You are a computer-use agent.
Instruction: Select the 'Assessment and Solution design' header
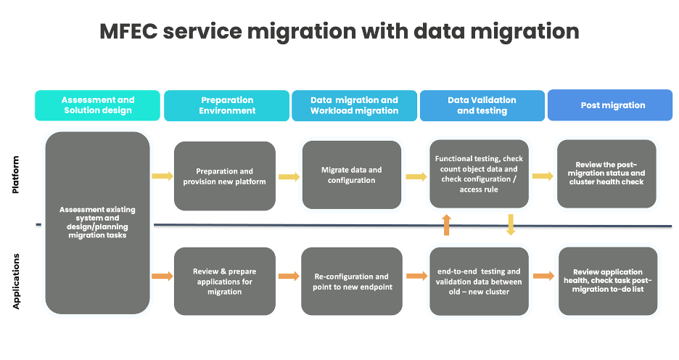98,105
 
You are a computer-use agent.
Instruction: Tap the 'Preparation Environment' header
227,105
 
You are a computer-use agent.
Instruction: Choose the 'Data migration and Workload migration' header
354,105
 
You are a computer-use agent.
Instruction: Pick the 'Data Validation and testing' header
482,105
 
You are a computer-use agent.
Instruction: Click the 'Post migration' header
612,105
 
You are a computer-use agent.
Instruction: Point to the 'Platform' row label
16,174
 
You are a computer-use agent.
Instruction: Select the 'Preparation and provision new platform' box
225,176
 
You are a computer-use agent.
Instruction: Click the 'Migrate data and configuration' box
352,175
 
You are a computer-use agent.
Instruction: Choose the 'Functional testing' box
479,174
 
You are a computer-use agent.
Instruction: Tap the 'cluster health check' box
606,173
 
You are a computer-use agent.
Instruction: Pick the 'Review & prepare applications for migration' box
225,282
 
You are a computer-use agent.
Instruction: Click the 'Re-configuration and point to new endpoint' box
352,282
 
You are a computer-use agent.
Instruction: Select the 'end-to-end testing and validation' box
479,282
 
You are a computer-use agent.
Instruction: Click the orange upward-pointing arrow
446,225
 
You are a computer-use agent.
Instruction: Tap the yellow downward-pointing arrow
511,225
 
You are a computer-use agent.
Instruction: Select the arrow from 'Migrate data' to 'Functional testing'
416,176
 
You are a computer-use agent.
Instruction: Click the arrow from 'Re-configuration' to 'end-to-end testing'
416,276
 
